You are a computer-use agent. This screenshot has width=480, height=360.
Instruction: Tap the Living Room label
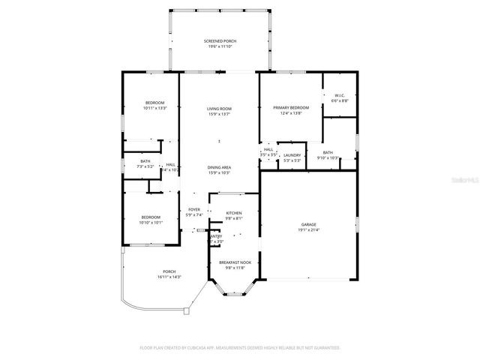tap(218, 109)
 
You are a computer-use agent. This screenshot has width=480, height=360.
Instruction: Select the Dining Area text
tap(218, 167)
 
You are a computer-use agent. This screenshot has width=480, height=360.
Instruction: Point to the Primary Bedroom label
tap(289, 108)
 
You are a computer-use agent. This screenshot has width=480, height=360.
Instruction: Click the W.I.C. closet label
tap(339, 95)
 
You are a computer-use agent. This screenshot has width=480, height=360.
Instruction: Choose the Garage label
tap(308, 224)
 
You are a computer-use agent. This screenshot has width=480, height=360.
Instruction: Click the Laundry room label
tap(292, 155)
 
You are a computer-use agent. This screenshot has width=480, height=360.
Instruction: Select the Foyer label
tap(194, 209)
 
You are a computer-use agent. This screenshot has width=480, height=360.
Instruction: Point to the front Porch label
tap(169, 271)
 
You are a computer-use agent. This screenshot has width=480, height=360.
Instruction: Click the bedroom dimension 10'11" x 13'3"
tap(154, 108)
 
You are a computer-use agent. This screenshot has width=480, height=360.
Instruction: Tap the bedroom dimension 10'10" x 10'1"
tap(151, 223)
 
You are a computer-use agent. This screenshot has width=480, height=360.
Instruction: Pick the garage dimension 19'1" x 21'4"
tap(308, 229)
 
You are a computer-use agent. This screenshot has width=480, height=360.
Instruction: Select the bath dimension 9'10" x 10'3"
tap(328, 158)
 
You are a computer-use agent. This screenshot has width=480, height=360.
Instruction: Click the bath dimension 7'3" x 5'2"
tap(145, 166)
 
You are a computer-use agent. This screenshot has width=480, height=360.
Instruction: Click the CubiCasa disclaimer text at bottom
tap(240, 348)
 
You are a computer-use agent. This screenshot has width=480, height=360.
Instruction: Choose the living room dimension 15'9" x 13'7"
tap(218, 115)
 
